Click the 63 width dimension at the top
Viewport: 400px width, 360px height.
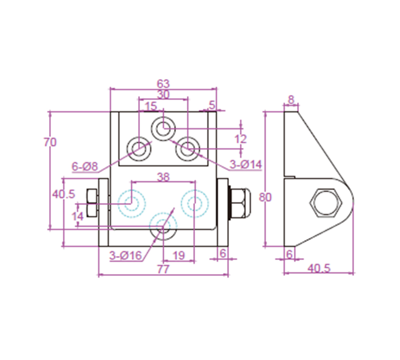(163, 83)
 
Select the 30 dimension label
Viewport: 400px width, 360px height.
(163, 94)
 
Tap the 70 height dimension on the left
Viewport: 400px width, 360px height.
(49, 142)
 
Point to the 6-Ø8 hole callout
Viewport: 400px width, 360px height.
(84, 166)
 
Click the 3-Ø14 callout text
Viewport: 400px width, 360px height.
(245, 164)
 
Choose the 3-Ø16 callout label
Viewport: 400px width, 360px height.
(125, 255)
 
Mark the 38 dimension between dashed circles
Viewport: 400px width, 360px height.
(163, 177)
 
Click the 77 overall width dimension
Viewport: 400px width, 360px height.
(163, 269)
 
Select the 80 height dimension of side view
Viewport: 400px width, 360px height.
(265, 197)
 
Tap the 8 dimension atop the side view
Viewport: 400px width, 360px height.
(291, 99)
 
